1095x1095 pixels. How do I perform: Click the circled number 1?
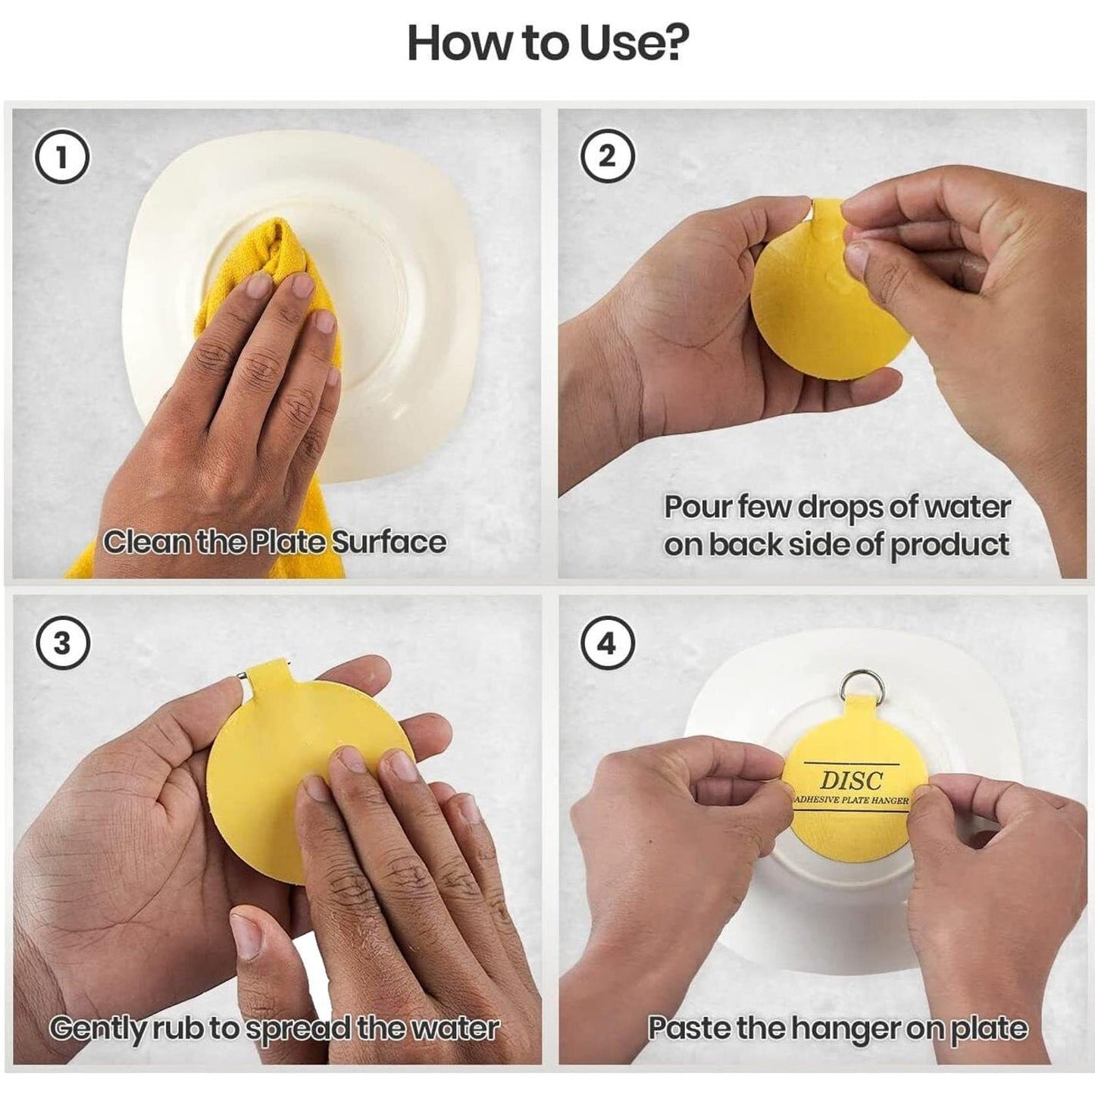tap(63, 157)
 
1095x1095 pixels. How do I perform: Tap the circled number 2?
tap(607, 157)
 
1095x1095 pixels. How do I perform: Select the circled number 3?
tap(63, 643)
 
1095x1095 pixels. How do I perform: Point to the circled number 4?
tap(607, 643)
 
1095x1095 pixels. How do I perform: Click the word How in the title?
tap(452, 45)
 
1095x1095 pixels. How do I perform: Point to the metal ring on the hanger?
tap(856, 687)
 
